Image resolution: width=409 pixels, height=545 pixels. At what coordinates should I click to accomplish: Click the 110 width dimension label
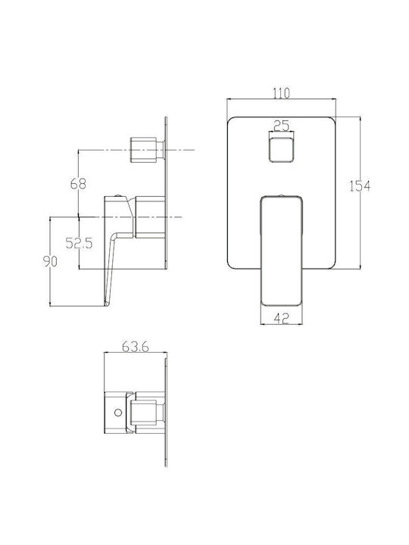281,93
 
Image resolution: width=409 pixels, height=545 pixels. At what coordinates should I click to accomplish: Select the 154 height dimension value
360,186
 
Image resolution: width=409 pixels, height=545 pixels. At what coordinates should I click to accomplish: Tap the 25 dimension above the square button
281,126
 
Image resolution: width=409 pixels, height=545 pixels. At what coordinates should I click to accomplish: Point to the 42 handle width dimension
282,318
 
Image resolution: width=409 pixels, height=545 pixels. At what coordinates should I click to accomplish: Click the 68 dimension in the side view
78,183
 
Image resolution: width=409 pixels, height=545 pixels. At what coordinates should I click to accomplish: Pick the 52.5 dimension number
80,243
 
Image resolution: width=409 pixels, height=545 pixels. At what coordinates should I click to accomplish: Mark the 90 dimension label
50,261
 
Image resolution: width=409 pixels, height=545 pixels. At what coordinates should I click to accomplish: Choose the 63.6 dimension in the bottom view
136,347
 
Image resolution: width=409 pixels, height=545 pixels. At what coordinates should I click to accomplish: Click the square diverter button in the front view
281,149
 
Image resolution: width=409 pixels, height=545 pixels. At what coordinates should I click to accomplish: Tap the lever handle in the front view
281,251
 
